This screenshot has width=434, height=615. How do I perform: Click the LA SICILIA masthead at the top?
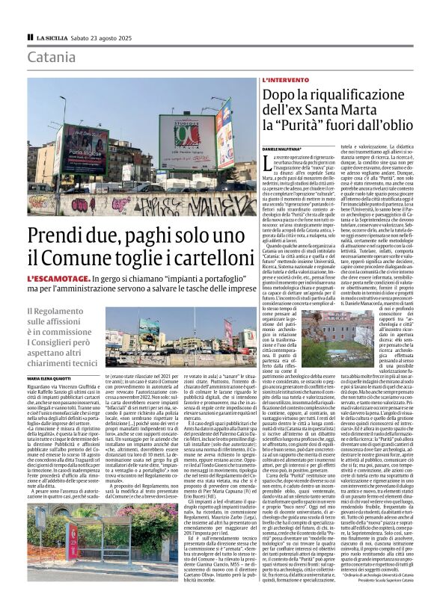pyautogui.click(x=51, y=37)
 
